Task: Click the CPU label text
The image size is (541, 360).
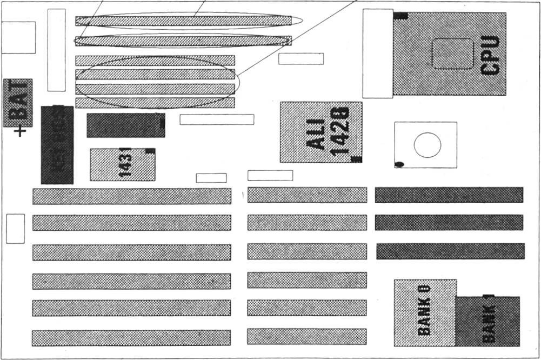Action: (490, 55)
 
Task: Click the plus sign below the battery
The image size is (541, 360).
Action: (21, 131)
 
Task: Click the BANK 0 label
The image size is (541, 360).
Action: (424, 309)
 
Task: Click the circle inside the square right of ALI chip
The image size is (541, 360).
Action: (427, 145)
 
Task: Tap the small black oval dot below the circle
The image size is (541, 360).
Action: (400, 164)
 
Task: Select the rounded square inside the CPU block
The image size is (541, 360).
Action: (453, 54)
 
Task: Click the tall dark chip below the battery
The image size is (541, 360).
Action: (57, 145)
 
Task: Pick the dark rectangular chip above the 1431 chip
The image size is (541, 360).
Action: (125, 125)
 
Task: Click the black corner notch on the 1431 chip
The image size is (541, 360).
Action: (150, 151)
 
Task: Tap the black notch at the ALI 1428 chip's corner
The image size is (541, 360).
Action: (356, 159)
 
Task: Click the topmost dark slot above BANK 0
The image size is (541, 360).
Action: (449, 195)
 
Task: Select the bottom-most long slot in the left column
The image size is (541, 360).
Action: (131, 338)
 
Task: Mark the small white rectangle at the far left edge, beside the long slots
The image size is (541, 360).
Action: (16, 229)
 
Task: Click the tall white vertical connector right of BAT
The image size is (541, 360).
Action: (56, 50)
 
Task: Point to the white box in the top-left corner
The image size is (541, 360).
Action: (18, 37)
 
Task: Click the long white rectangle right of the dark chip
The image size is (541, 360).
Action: (217, 119)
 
